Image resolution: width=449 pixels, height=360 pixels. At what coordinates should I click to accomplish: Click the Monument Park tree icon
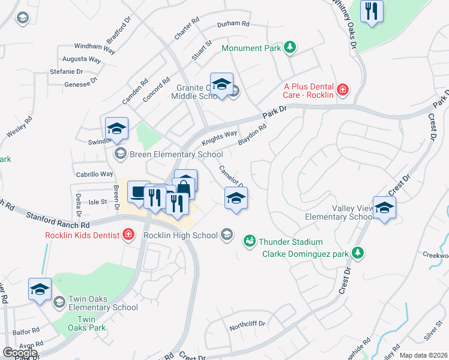pos(290,47)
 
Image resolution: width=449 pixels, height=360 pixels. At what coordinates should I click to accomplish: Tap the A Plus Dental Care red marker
pos(342,90)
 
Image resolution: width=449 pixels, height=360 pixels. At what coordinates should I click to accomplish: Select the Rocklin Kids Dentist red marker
pos(128,235)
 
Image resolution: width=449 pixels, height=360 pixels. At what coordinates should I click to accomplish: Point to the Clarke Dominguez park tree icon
pos(358,253)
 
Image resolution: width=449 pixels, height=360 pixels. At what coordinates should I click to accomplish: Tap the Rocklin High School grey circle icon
pos(226,235)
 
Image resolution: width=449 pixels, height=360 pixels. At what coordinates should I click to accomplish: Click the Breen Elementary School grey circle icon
pos(120,154)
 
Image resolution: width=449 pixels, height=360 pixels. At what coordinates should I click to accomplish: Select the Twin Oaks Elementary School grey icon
pos(59,301)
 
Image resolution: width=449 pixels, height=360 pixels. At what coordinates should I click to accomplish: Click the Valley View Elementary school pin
pos(384,208)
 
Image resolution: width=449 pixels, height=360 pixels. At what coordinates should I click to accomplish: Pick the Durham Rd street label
pos(233,24)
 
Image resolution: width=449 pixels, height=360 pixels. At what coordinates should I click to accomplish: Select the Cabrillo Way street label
pos(94,174)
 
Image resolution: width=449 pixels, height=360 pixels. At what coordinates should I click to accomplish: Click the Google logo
pos(20,352)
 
